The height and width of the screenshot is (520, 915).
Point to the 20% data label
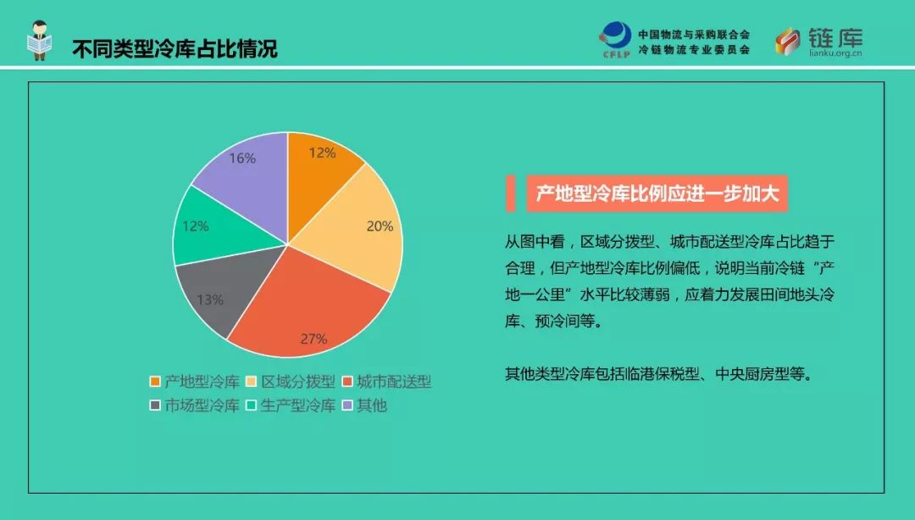point(380,226)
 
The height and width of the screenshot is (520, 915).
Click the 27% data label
point(314,338)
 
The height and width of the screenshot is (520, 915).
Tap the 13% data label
point(210,299)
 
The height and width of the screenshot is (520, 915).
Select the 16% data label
point(243,159)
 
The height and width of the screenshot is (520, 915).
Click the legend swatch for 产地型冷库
point(155,382)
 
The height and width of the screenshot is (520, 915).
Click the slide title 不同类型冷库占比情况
point(175,48)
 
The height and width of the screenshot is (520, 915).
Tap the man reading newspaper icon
point(40,40)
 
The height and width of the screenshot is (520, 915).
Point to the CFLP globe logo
point(616,39)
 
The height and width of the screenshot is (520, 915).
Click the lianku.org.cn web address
point(835,53)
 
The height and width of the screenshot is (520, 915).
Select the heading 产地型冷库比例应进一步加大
point(657,193)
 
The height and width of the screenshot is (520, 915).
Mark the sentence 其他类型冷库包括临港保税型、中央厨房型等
point(659,374)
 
